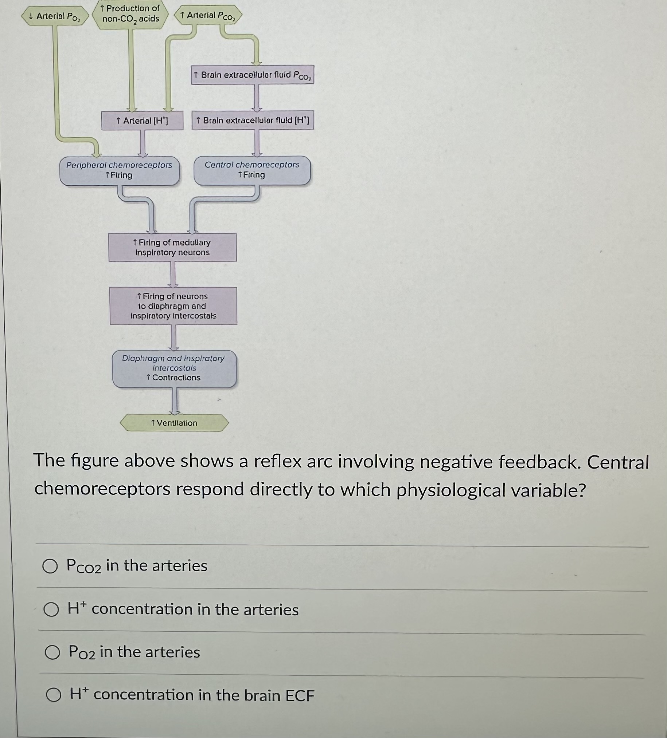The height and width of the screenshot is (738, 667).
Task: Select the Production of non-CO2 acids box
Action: [x=131, y=14]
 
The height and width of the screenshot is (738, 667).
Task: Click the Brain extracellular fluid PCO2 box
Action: [x=253, y=75]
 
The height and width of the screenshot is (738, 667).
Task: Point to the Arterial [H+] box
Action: [x=142, y=121]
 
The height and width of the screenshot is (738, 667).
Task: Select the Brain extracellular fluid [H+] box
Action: [x=253, y=120]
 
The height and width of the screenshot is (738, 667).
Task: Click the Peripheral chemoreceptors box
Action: [x=120, y=171]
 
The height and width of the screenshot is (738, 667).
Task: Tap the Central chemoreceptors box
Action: [x=252, y=170]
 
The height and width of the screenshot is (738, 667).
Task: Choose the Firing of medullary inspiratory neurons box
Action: [x=172, y=248]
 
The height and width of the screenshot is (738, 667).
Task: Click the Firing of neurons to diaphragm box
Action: [x=173, y=306]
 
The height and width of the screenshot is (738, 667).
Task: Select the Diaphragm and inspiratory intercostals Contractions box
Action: [x=174, y=368]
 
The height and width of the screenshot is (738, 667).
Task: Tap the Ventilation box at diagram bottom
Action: [x=175, y=423]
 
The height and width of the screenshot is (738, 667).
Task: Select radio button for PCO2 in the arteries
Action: [x=50, y=566]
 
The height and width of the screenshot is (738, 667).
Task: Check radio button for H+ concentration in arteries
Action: [x=51, y=610]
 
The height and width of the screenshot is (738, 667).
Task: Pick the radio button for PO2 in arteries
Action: [x=52, y=653]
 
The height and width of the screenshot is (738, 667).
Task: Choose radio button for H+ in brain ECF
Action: [x=54, y=695]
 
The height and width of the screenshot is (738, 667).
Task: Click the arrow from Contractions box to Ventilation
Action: [x=176, y=400]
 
